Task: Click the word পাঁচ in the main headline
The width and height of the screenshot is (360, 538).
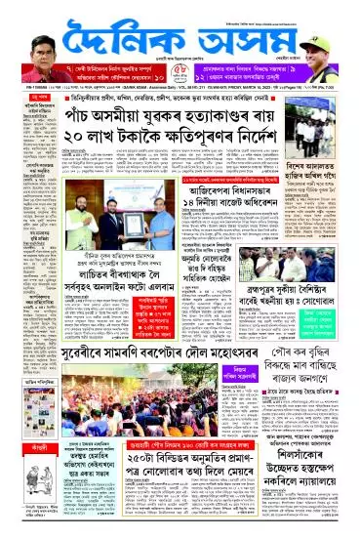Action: tap(90, 115)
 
